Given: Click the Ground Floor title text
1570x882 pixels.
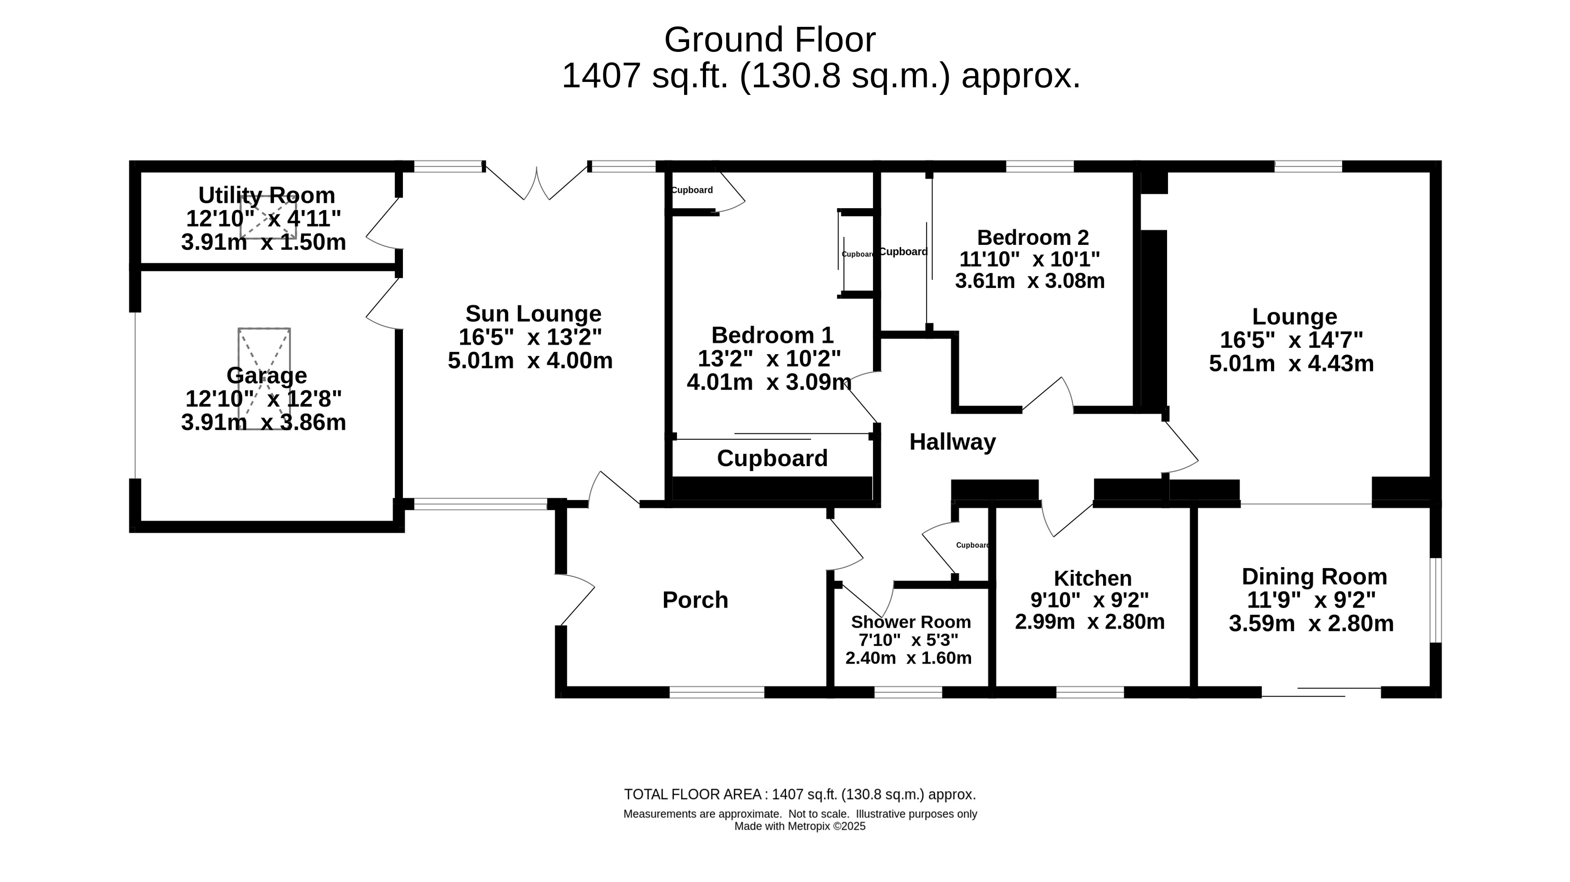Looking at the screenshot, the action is [770, 40].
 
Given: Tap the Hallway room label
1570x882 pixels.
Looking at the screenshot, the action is [953, 442].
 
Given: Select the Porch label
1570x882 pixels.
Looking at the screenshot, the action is [695, 600].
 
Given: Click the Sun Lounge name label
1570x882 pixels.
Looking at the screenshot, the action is [533, 313].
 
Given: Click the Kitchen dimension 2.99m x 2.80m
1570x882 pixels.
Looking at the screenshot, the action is [1090, 622].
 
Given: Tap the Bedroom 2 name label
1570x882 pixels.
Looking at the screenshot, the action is [1032, 237].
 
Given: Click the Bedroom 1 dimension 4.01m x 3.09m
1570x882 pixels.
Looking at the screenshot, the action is [769, 382].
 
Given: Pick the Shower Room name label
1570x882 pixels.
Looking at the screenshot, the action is [911, 622].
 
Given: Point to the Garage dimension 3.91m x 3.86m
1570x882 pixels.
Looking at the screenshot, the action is [263, 422].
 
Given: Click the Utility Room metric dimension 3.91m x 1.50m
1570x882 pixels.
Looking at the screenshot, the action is [263, 242].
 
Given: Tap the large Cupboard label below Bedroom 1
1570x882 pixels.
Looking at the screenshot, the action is [772, 458].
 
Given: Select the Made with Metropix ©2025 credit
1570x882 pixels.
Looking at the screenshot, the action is [800, 826].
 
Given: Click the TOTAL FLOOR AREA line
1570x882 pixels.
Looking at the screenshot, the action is [800, 795].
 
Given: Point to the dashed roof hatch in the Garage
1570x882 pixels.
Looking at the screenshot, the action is [264, 378].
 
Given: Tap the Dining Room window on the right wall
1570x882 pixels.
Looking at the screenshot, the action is [1435, 600].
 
